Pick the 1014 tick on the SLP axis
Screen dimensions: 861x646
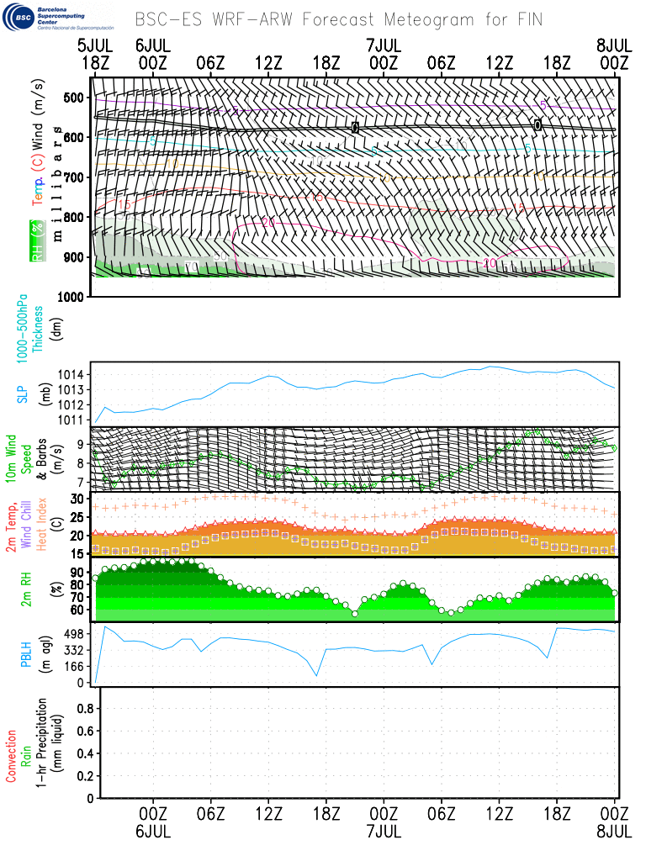point(73,374)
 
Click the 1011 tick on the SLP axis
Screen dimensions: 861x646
point(73,419)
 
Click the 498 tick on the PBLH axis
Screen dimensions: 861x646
point(77,634)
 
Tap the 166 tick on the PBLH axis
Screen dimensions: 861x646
point(77,667)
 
